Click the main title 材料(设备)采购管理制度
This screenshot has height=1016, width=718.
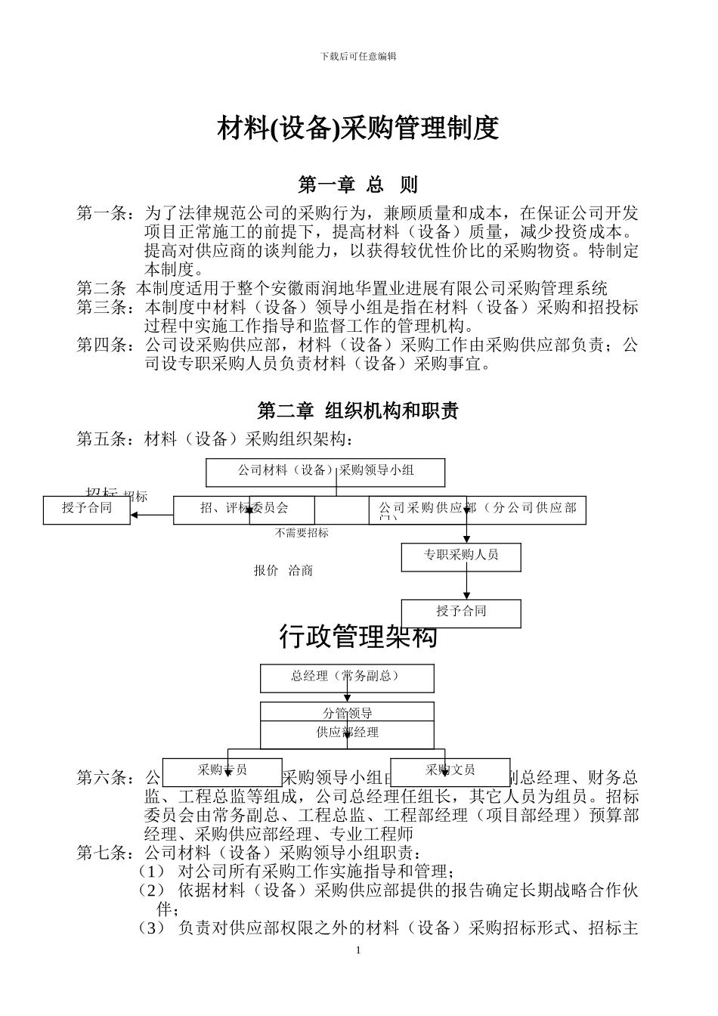pyautogui.click(x=358, y=129)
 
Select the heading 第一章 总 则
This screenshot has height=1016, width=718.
pyautogui.click(x=358, y=184)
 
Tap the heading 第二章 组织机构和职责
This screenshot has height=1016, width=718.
pyautogui.click(x=358, y=411)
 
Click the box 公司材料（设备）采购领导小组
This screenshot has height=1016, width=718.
pyautogui.click(x=326, y=471)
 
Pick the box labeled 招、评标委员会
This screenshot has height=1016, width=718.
pyautogui.click(x=244, y=509)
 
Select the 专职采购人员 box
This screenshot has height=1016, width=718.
pyautogui.click(x=461, y=556)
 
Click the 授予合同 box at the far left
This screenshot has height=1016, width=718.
pyautogui.click(x=87, y=509)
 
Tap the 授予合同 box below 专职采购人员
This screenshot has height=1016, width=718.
pyautogui.click(x=461, y=612)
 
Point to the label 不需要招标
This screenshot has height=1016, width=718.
pyautogui.click(x=302, y=533)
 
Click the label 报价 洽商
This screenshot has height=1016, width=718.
pyautogui.click(x=283, y=571)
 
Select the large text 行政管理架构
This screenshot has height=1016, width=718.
pyautogui.click(x=358, y=637)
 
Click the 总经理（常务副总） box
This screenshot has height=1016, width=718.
pyautogui.click(x=347, y=677)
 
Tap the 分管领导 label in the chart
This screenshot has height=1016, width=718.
pyautogui.click(x=347, y=713)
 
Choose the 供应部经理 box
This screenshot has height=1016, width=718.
pyautogui.click(x=347, y=733)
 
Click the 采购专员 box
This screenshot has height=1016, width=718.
pyautogui.click(x=222, y=771)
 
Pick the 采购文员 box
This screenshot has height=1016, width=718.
pyautogui.click(x=450, y=771)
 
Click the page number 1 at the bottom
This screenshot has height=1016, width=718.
pyautogui.click(x=358, y=950)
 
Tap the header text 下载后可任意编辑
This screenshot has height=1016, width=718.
pyautogui.click(x=358, y=57)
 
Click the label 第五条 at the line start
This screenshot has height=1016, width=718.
pyautogui.click(x=104, y=439)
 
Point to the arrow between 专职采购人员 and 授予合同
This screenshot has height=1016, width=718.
pyautogui.click(x=467, y=584)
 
